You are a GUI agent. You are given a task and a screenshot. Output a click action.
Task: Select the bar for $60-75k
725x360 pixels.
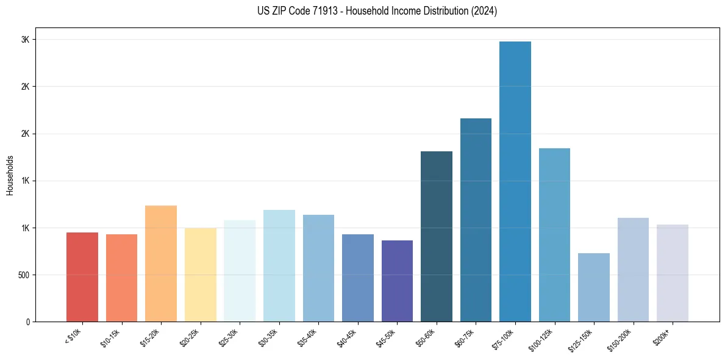tap(476, 220)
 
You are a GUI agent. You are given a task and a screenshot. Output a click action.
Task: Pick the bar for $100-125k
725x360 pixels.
tap(554, 235)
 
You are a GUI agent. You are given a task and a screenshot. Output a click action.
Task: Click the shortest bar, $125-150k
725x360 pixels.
tap(594, 287)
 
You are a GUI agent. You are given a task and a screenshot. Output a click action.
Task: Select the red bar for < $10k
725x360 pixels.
tap(82, 277)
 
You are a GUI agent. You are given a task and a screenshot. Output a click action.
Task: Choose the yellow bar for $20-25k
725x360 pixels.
tap(201, 275)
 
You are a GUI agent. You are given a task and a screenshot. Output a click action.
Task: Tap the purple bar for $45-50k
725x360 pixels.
tap(397, 281)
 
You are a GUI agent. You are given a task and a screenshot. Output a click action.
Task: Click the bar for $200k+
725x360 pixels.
tap(673, 273)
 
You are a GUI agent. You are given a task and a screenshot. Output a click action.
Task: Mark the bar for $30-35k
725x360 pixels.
tap(279, 265)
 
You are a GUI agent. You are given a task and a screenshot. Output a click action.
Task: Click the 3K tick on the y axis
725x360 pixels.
tap(25, 40)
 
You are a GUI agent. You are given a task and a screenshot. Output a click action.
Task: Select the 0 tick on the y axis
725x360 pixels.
tap(27, 322)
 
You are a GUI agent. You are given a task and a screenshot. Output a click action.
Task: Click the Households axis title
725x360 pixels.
tap(10, 175)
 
